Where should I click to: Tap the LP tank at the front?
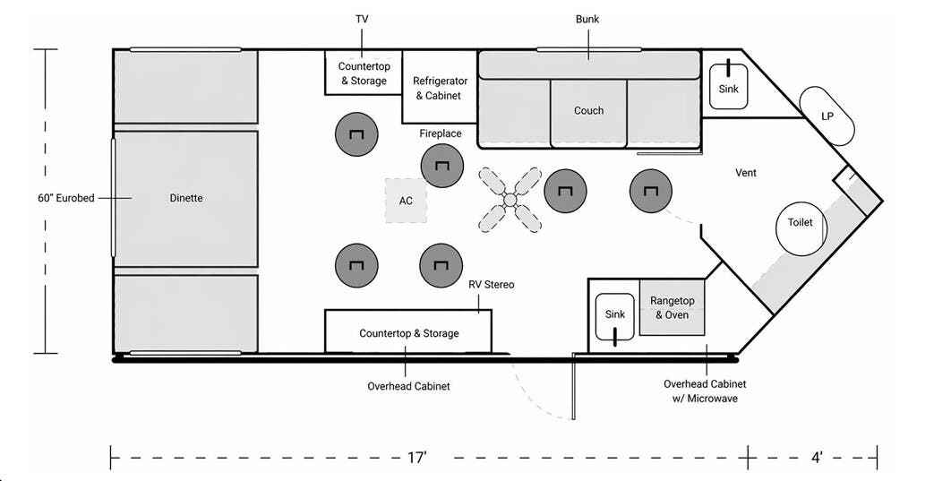coord(827,116)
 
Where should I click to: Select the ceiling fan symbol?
coord(510,200)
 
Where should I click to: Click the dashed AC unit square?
coord(406,200)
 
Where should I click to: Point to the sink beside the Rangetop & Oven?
coord(614,316)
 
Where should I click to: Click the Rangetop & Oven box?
coord(672,307)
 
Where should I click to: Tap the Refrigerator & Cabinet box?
coord(440,87)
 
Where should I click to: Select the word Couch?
coord(589,110)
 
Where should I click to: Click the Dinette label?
coord(186,198)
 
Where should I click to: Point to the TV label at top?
coord(362,19)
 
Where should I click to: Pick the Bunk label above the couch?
coord(587,19)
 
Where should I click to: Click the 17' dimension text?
coord(416,458)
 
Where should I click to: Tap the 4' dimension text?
coord(817,458)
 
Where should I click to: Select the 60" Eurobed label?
coord(66,198)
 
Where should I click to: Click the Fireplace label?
coord(441,133)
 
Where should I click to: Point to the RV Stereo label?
coord(492,285)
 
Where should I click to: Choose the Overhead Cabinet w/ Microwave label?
coord(705,391)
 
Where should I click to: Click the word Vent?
coord(745,173)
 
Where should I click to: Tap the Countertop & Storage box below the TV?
coord(364,73)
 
